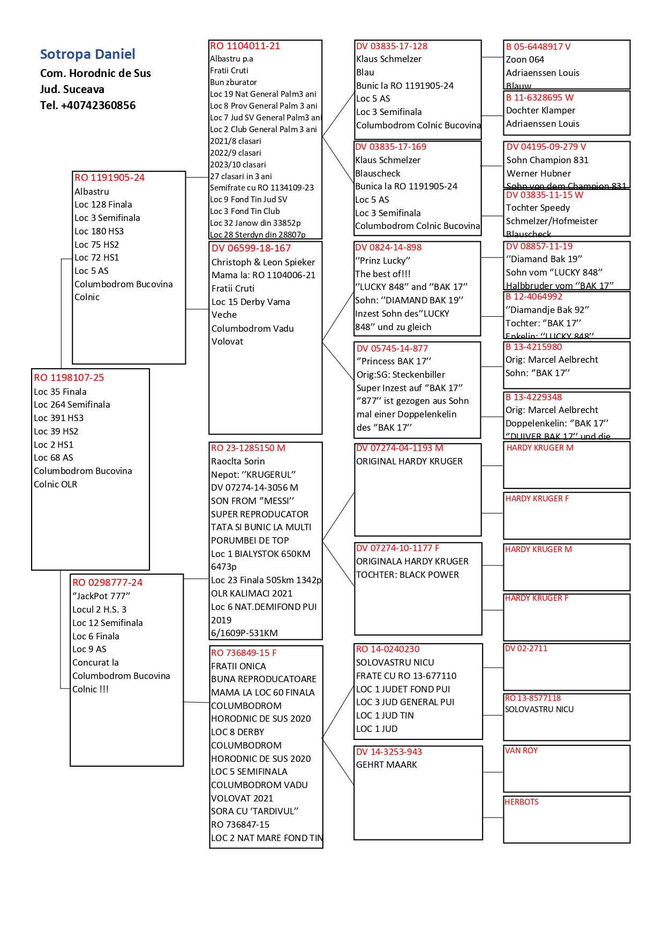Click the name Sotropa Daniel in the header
click(x=87, y=54)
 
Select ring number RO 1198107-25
click(x=69, y=378)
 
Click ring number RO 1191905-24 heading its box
click(x=109, y=178)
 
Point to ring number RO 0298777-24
click(x=107, y=583)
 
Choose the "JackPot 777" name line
click(x=101, y=596)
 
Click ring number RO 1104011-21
click(x=245, y=46)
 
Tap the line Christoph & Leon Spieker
click(x=263, y=262)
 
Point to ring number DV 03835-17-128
click(x=391, y=47)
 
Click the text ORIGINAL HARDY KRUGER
click(x=409, y=461)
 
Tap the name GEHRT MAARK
click(x=386, y=765)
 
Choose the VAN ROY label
click(x=521, y=751)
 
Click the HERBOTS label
click(x=521, y=802)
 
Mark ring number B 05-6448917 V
click(x=538, y=47)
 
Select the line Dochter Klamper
click(x=540, y=110)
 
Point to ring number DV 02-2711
click(x=526, y=648)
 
